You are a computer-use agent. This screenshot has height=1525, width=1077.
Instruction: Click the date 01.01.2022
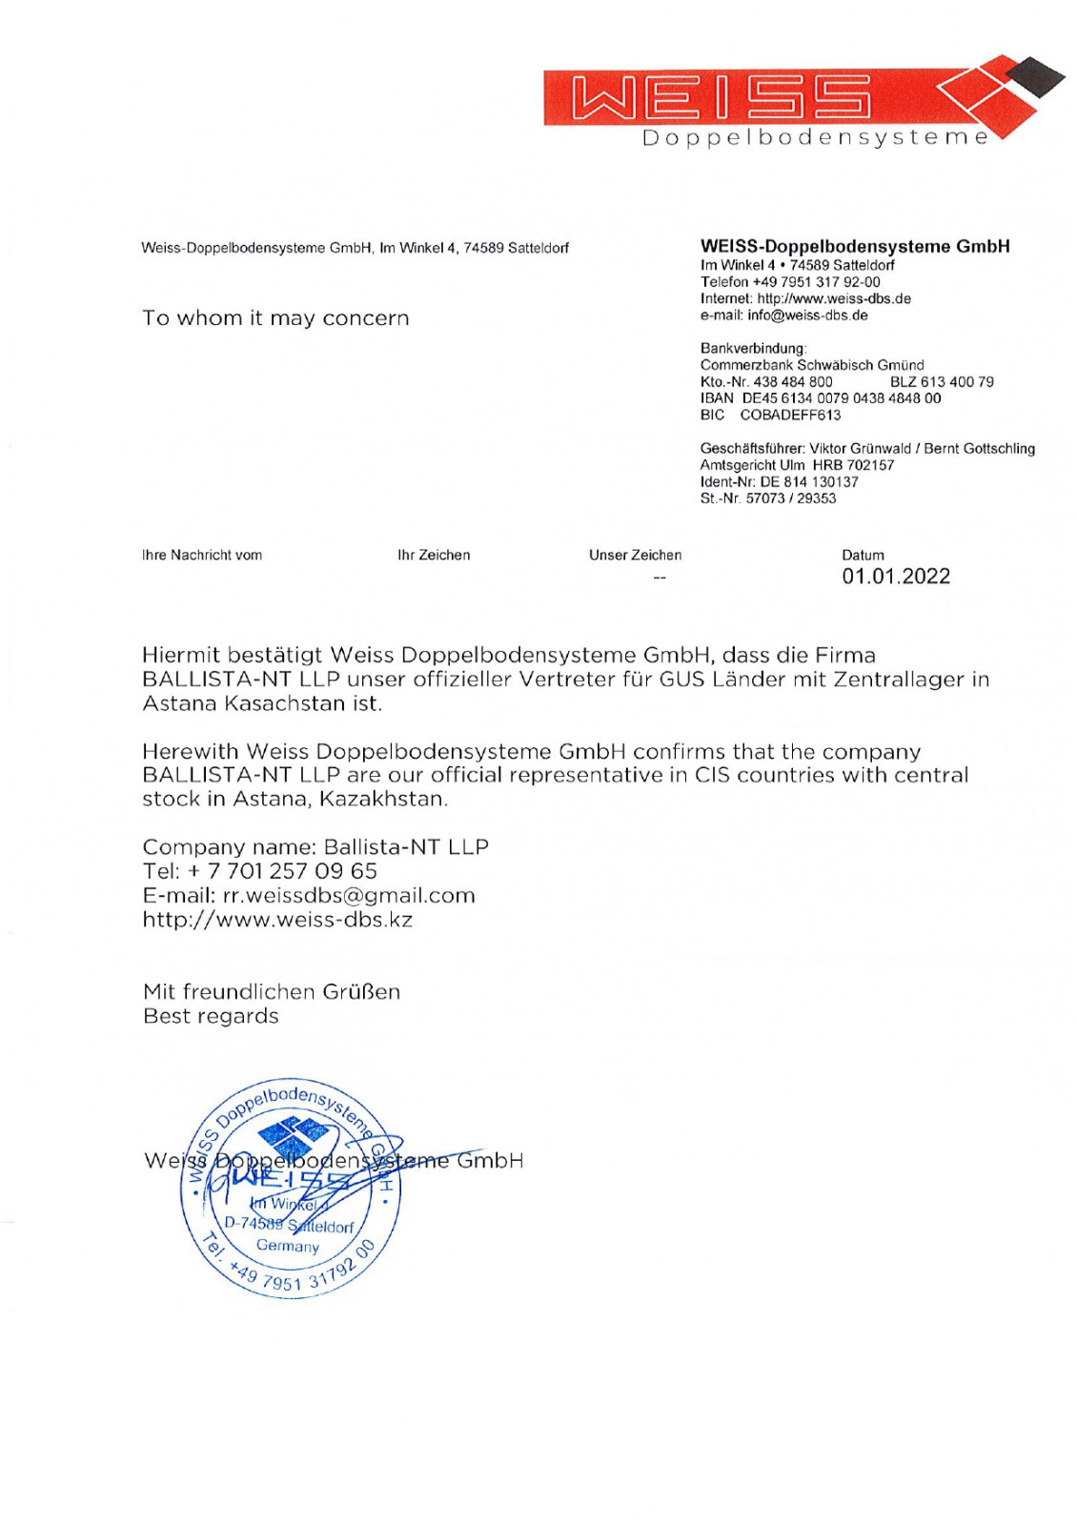coord(895,576)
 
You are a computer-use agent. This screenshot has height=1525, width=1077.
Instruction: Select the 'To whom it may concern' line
coord(275,318)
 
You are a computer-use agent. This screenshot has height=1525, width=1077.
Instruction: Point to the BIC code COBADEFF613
coord(790,415)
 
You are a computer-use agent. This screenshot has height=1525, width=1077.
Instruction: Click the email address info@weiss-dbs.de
coord(807,315)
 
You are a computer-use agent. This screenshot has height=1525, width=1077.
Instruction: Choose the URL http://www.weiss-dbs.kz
coord(277,920)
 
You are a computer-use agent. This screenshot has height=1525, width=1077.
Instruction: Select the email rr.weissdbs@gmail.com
coord(348,896)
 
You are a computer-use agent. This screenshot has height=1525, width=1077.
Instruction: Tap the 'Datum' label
coord(863,555)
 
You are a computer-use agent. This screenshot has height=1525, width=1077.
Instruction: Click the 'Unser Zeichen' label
coord(635,555)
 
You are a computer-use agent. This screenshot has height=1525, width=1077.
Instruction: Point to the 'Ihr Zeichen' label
coord(434,555)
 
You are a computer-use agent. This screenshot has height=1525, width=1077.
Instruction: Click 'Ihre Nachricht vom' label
coord(202,555)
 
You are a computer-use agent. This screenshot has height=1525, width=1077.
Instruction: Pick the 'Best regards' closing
coord(211,1016)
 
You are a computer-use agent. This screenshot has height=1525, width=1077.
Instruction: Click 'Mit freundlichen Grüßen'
coord(272,992)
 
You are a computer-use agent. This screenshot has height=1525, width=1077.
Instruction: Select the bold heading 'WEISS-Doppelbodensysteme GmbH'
coord(855,247)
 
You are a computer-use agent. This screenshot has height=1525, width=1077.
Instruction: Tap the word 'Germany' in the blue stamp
coord(288,1246)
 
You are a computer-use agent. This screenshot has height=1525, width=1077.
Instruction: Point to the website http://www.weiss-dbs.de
coord(834,298)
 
